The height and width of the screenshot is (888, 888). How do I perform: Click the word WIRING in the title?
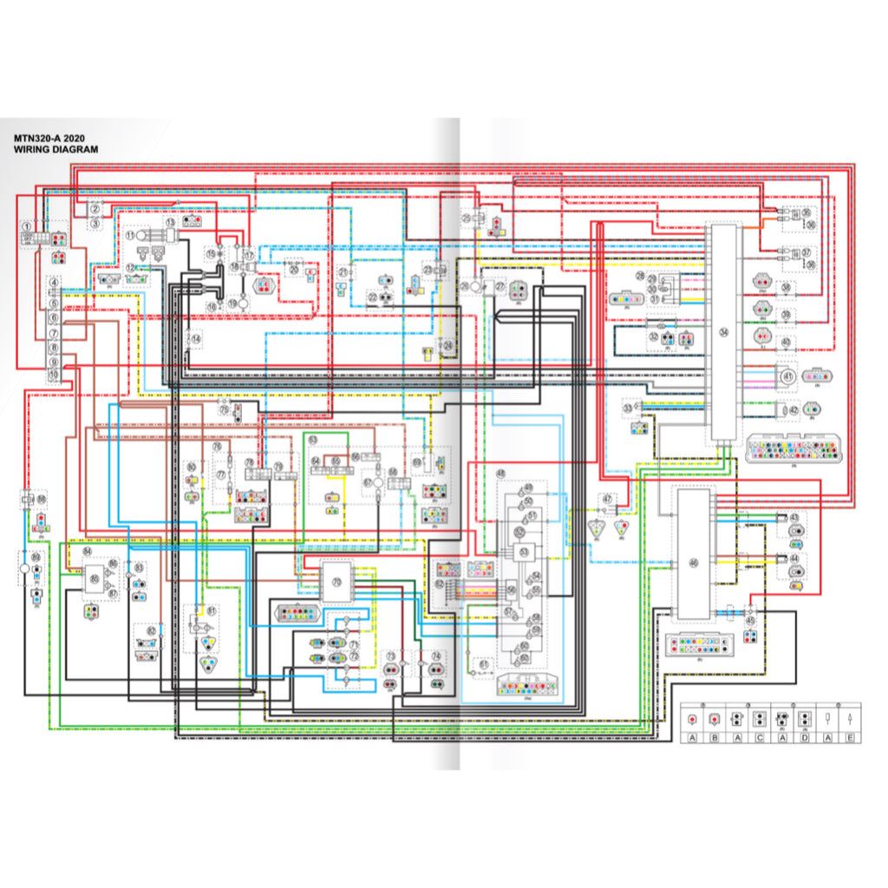(33, 150)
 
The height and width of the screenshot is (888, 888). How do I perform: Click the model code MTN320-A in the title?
(39, 138)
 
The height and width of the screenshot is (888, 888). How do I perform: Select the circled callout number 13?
(171, 223)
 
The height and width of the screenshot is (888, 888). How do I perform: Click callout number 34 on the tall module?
(723, 330)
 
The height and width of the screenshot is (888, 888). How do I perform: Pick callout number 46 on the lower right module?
(693, 562)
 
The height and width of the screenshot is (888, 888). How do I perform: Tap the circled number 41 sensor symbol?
(787, 376)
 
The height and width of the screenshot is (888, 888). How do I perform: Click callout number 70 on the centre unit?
(336, 583)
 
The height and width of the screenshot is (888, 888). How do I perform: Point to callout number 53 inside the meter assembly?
(523, 552)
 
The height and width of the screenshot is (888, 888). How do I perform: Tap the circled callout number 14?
(196, 338)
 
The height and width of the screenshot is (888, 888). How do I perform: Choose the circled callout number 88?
(41, 499)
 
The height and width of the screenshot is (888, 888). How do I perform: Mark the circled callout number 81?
(211, 611)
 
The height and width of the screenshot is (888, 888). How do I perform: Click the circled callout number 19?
(233, 305)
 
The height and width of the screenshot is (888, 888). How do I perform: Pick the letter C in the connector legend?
(760, 738)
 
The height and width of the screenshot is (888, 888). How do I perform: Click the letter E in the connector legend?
(850, 738)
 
